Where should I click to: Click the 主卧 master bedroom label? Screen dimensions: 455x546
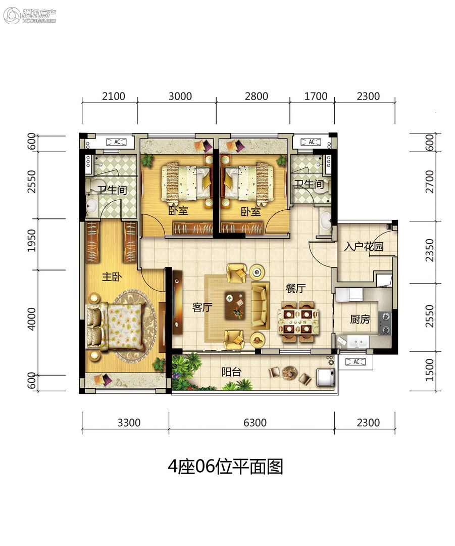tap(112, 277)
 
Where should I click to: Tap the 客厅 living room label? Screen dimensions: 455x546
tap(202, 307)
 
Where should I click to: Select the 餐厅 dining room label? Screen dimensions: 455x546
tap(296, 288)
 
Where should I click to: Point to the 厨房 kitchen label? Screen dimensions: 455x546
tap(360, 319)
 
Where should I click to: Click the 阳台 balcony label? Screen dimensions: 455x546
tap(231, 372)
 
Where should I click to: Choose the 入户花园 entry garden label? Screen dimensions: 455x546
tap(364, 246)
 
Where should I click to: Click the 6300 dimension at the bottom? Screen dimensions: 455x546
tap(255, 422)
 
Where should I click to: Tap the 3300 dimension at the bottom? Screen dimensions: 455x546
tap(129, 422)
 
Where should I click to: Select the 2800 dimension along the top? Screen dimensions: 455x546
tap(257, 96)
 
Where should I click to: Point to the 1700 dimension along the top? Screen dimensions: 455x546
tap(316, 96)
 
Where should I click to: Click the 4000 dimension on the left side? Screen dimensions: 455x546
tap(32, 318)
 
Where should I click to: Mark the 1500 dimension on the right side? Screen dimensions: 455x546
tap(430, 370)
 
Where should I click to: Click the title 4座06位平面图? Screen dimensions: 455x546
tap(225, 467)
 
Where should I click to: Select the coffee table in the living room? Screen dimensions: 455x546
tap(235, 305)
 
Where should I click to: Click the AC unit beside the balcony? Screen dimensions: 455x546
tap(356, 362)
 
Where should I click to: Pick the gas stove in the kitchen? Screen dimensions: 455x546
tap(385, 322)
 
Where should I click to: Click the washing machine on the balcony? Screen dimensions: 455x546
tap(325, 378)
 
